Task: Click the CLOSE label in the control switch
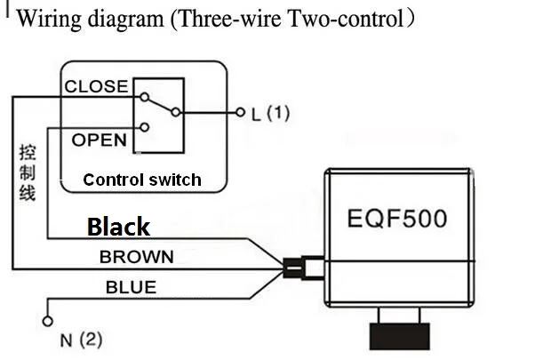click(96, 86)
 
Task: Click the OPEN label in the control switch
click(99, 140)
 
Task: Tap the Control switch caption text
click(142, 180)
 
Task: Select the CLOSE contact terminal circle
click(144, 97)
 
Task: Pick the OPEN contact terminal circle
click(145, 127)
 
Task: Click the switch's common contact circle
click(176, 112)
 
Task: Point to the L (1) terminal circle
click(240, 112)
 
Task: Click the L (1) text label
click(270, 113)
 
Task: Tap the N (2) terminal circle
click(48, 321)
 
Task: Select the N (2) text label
click(81, 340)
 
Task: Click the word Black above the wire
click(118, 227)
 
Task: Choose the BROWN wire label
click(137, 257)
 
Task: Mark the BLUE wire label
click(131, 287)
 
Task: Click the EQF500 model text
click(397, 219)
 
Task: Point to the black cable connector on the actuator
click(292, 268)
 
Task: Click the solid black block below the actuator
click(400, 336)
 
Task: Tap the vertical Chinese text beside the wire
click(28, 172)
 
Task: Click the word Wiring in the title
click(49, 19)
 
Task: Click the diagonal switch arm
click(160, 105)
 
